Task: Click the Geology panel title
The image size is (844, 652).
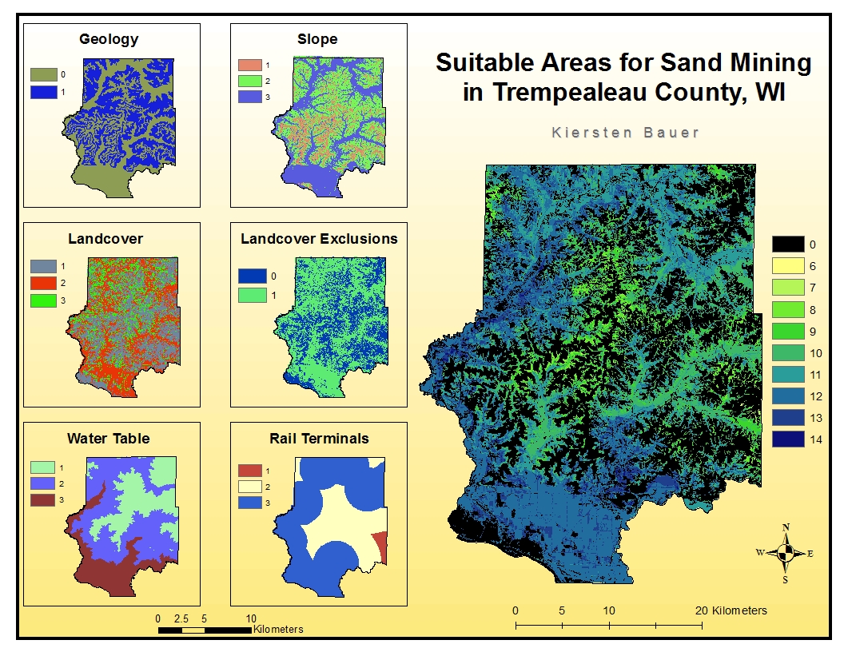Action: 109,39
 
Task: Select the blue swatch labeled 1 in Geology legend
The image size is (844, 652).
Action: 45,92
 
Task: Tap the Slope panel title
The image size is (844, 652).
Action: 317,39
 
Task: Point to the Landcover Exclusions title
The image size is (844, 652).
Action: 319,238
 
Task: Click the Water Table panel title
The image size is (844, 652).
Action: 108,438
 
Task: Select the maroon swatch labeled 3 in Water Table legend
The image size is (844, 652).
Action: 42,500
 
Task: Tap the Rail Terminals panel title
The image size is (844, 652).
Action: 319,438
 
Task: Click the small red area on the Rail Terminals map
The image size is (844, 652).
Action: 381,547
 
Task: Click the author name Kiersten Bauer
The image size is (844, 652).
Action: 625,133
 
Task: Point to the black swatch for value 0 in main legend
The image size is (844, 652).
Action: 788,245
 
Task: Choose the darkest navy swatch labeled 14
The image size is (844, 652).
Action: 788,439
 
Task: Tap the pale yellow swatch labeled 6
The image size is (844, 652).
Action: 788,266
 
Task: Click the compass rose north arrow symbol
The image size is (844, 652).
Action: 786,551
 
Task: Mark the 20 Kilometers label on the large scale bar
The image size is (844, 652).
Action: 731,610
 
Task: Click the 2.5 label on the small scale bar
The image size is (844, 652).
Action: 181,618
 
